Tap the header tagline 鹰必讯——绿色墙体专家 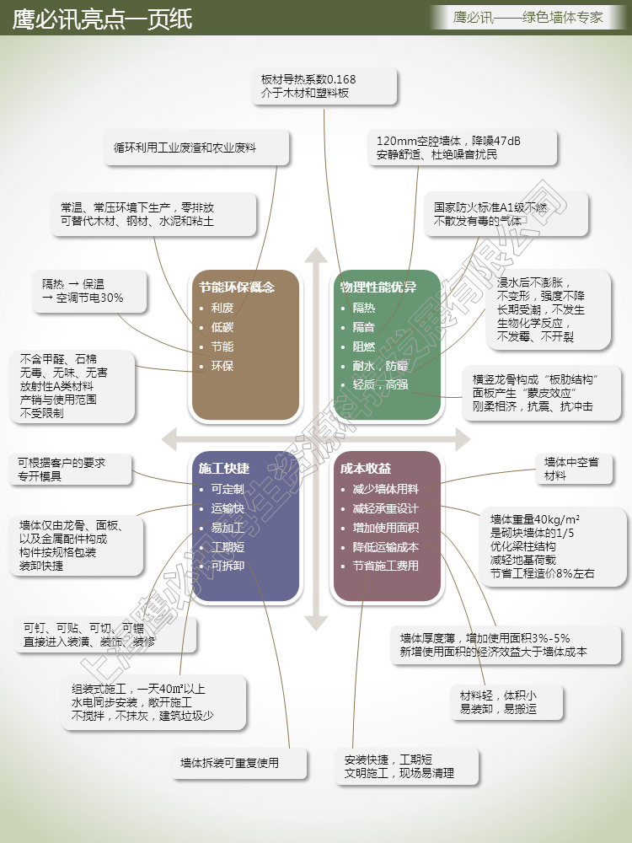[x=528, y=16]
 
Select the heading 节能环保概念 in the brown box [x=237, y=287]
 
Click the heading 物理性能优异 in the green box [x=378, y=287]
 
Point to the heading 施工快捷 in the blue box [x=223, y=468]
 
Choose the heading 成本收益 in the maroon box [x=366, y=468]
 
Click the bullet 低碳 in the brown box [x=222, y=327]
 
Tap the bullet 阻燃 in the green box [x=364, y=346]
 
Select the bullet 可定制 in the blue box [x=228, y=489]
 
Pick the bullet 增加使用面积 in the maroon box [x=386, y=528]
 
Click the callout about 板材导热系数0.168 [x=324, y=87]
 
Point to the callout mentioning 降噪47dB [x=462, y=148]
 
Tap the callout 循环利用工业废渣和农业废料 [x=197, y=148]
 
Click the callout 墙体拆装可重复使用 [x=230, y=764]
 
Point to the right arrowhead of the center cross [x=462, y=438]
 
